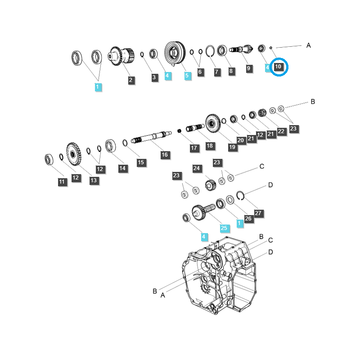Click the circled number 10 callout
pyautogui.click(x=278, y=67)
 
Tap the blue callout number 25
pyautogui.click(x=224, y=228)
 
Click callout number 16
pyautogui.click(x=165, y=155)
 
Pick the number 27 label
pyautogui.click(x=258, y=213)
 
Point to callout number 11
pyautogui.click(x=62, y=182)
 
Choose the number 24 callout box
pyautogui.click(x=197, y=168)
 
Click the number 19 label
pyautogui.click(x=232, y=147)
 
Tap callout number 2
pyautogui.click(x=130, y=80)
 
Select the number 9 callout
pyautogui.click(x=248, y=68)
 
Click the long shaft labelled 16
pyautogui.click(x=151, y=137)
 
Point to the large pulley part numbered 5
pyautogui.click(x=175, y=53)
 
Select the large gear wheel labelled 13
pyautogui.click(x=74, y=154)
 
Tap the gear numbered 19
pyautogui.click(x=213, y=123)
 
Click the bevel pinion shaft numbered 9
pyautogui.click(x=241, y=49)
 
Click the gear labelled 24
pyautogui.click(x=210, y=185)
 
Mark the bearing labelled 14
pyautogui.click(x=110, y=146)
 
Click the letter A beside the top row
pyautogui.click(x=309, y=45)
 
